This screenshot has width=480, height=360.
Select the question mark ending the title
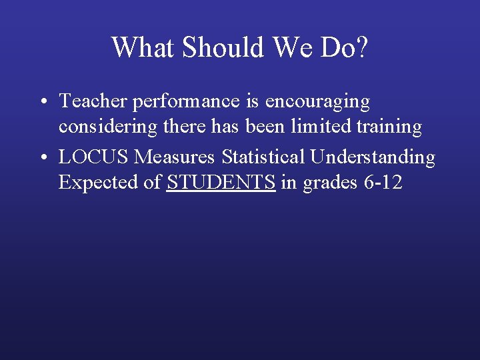click(x=361, y=47)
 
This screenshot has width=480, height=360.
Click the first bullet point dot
click(x=42, y=102)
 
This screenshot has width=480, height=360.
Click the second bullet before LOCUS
click(x=42, y=158)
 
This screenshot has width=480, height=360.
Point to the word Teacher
click(x=93, y=101)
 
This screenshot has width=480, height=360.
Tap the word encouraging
click(x=317, y=103)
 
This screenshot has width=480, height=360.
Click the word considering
click(x=105, y=126)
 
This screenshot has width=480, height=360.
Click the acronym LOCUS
click(x=94, y=157)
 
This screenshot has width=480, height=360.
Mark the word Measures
click(x=175, y=157)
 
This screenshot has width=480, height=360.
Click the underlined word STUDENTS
click(x=221, y=183)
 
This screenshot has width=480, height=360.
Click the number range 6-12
click(x=384, y=183)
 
